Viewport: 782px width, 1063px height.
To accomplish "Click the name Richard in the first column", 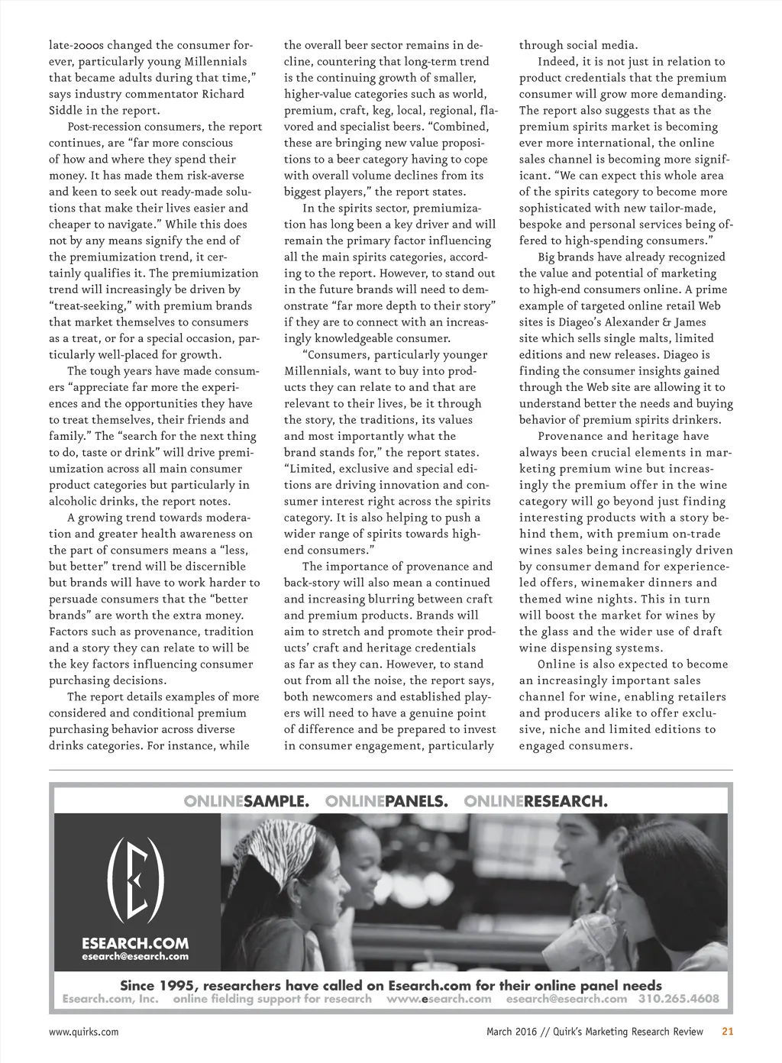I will [223, 94].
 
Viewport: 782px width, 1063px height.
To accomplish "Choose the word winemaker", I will [627, 583].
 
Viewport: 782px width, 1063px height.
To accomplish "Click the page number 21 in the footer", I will [728, 1032].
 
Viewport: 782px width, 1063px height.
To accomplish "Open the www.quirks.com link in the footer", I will [84, 1032].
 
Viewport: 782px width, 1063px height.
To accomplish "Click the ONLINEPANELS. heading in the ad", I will [386, 801].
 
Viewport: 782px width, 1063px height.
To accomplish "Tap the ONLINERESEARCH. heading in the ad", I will [536, 801].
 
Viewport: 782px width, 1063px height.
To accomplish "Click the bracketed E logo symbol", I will [136, 880].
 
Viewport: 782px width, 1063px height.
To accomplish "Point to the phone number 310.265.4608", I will [679, 999].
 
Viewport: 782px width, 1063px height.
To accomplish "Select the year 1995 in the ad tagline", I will [178, 985].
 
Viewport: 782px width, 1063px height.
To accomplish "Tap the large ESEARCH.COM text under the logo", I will [135, 943].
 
